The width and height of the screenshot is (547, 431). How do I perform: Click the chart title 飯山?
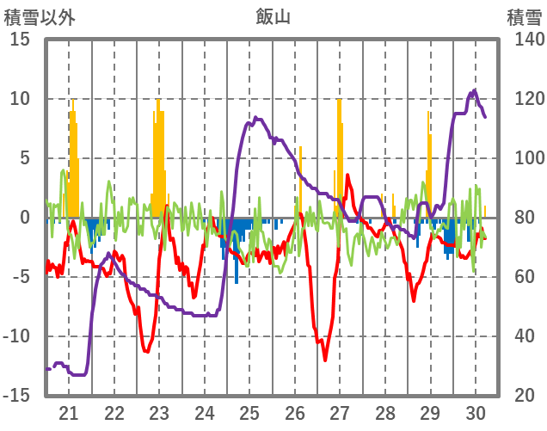coord(273,16)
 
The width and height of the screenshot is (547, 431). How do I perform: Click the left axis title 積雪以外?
coord(40,16)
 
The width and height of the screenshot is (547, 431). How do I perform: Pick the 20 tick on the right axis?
coord(526,396)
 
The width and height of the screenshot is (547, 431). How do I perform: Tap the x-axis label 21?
coord(69,412)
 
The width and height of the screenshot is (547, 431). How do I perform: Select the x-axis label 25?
coord(249,412)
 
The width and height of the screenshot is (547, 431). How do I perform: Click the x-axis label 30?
coord(476,412)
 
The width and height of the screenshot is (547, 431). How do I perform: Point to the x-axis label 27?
coord(340,412)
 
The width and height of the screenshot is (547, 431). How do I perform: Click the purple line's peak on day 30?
coord(474,90)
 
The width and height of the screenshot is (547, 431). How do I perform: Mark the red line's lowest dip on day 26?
coord(325,360)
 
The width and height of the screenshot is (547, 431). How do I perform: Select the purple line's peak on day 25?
coord(255,118)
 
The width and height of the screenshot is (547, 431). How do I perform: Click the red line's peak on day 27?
coord(347,175)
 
